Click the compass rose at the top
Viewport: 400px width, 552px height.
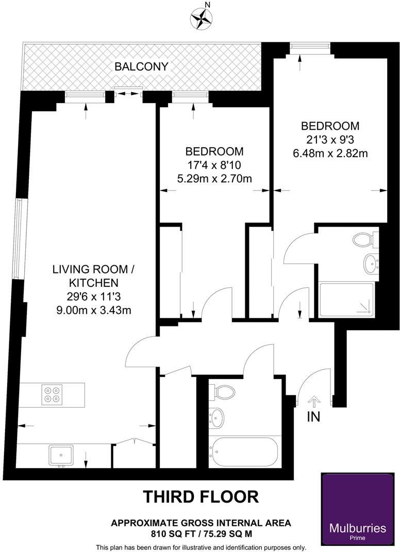click(201, 19)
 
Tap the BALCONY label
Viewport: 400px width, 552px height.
click(141, 66)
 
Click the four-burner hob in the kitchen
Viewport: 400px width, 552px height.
click(52, 394)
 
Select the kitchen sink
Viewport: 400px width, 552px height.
click(61, 455)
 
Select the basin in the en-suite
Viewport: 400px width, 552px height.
click(370, 264)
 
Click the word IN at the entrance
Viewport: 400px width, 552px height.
click(313, 417)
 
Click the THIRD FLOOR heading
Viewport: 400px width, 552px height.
click(201, 496)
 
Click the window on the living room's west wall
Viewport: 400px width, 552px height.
click(19, 240)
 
